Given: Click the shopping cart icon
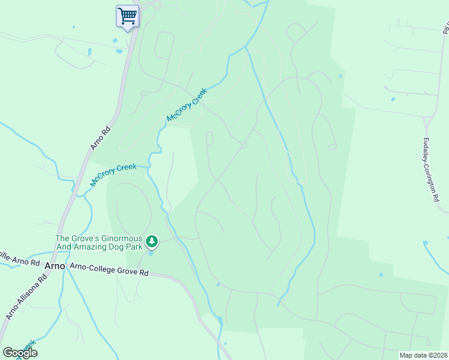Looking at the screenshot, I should (x=127, y=16).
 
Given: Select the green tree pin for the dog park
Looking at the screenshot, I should (x=152, y=241).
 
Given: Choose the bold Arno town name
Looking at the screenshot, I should (x=55, y=265).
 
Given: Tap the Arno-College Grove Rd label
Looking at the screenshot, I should (x=109, y=269).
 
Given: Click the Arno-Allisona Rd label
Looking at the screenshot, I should (x=27, y=297).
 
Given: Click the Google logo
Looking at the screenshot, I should (x=20, y=353).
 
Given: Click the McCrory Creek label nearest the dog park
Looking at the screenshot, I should (x=113, y=174).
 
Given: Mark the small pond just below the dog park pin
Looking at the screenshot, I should (x=150, y=253).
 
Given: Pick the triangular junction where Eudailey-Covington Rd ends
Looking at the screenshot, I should (x=427, y=122).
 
